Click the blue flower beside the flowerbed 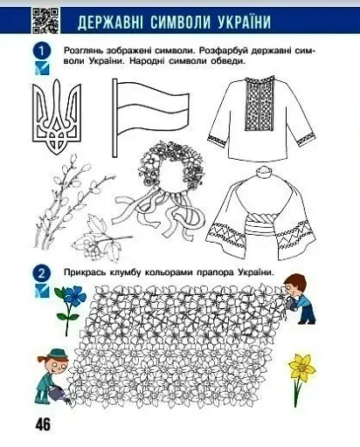[68, 302]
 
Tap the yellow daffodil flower [302, 371]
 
